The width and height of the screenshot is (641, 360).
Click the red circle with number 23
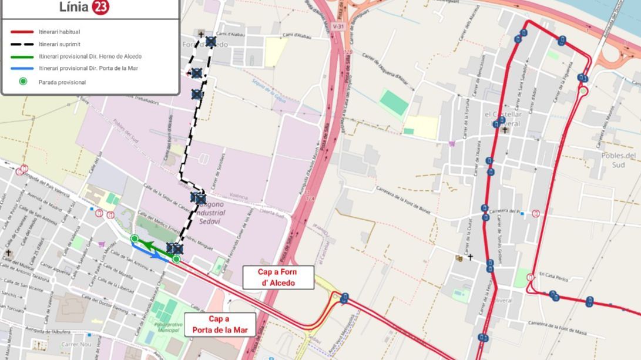100,7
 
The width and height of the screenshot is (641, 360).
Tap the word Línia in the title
74,7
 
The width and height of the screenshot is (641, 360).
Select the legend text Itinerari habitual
59,32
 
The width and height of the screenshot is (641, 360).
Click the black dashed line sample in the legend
22,44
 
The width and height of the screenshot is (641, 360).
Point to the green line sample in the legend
22,56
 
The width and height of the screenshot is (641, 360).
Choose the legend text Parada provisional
62,82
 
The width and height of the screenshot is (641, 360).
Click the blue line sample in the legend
22,69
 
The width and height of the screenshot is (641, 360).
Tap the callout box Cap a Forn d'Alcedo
278,277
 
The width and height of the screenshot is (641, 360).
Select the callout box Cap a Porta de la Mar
220,324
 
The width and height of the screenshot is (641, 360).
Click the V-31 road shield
337,26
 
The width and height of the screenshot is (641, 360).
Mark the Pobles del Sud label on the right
618,160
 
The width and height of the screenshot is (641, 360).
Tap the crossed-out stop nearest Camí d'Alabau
211,41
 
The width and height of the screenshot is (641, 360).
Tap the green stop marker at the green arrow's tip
135,238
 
